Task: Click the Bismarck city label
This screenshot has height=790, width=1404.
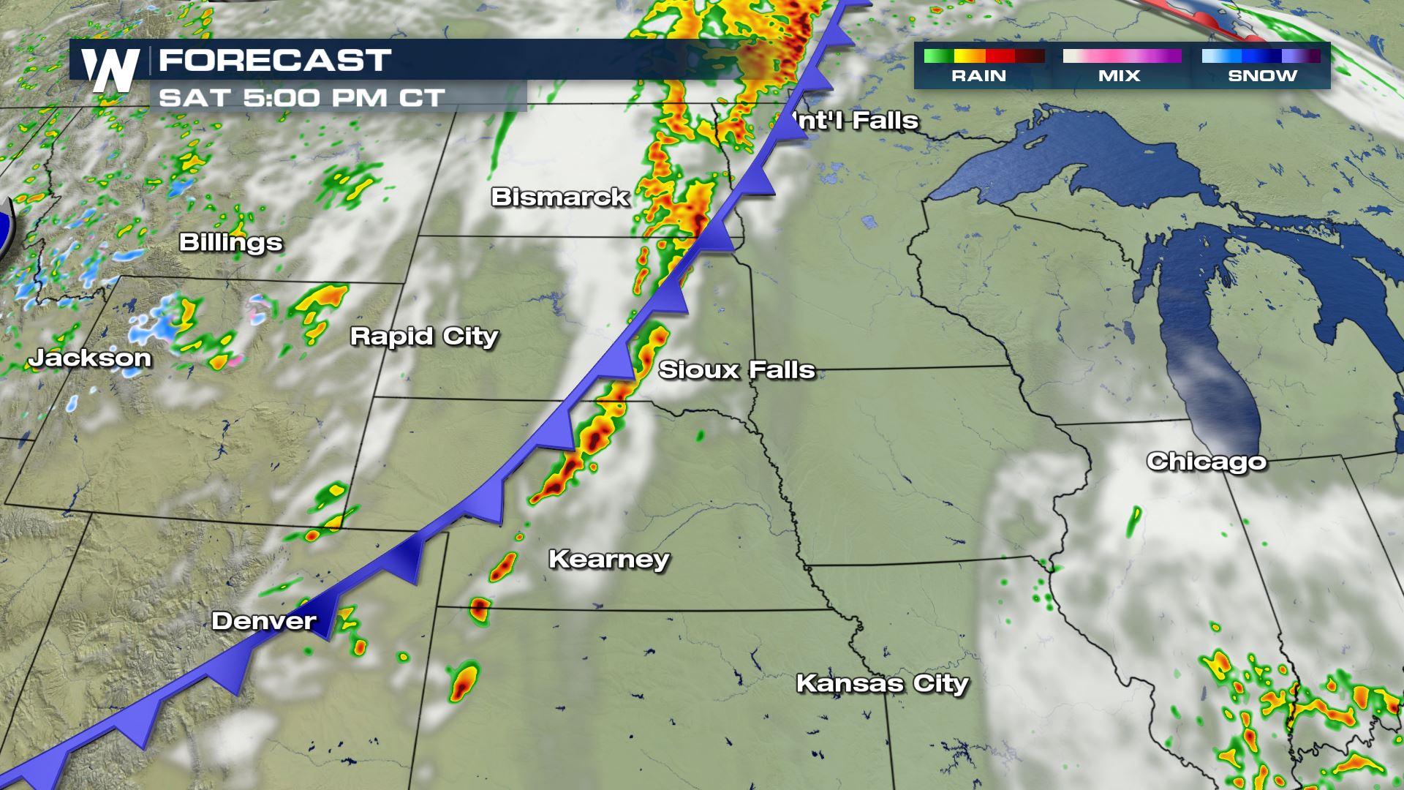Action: [559, 197]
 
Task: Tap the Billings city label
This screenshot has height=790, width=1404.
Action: [230, 242]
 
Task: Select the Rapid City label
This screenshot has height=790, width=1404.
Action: [423, 336]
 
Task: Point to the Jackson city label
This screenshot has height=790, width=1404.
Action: [90, 358]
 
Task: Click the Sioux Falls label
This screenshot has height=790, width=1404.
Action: [736, 370]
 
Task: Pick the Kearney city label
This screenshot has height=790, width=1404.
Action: [608, 560]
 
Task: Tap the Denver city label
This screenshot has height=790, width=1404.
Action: [263, 621]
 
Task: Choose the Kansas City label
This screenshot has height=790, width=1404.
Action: [882, 683]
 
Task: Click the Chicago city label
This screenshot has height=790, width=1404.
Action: [1206, 462]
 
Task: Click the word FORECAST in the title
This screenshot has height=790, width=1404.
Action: [275, 61]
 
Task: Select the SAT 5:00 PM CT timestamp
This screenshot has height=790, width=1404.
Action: [301, 98]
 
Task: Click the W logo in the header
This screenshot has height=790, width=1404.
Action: [110, 70]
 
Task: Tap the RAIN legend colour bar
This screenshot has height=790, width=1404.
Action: [984, 56]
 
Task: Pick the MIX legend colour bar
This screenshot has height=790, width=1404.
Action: [1122, 56]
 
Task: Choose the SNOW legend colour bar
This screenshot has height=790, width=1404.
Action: [1261, 56]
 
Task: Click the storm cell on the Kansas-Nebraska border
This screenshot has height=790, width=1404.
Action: [480, 609]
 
